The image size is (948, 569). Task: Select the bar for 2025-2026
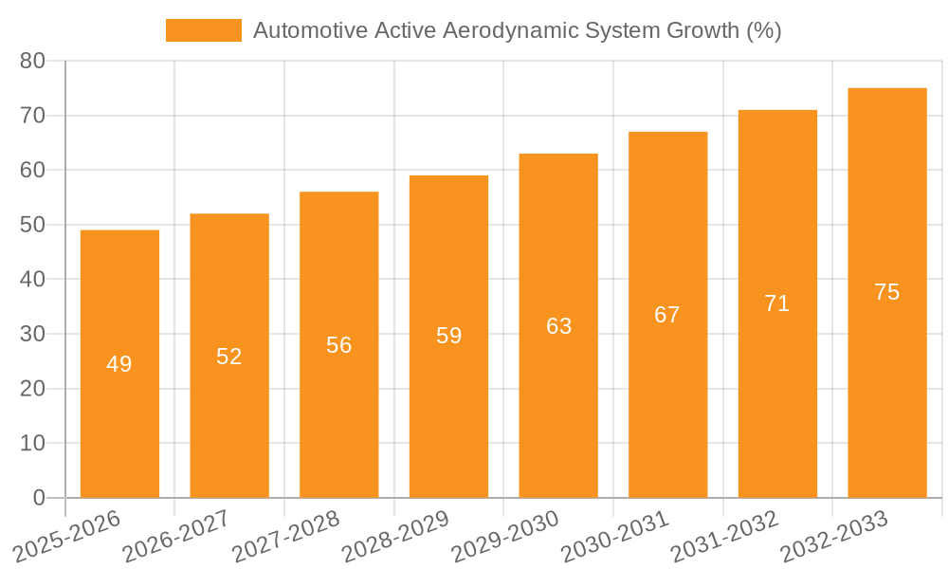pos(119,417)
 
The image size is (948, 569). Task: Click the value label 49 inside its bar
pos(119,364)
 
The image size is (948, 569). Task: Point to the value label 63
pos(559,326)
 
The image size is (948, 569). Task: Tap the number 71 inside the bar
pos(777,303)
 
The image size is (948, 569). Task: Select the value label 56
pos(339,345)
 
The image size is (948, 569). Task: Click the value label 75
pos(887,292)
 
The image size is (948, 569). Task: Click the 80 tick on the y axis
pos(32,61)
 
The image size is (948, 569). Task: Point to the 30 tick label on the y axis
pos(32,334)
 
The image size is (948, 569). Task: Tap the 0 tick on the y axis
pos(39,498)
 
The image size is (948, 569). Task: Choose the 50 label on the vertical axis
pos(32,225)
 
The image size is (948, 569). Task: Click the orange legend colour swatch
pos(203,30)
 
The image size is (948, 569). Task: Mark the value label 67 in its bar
pos(667,315)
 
